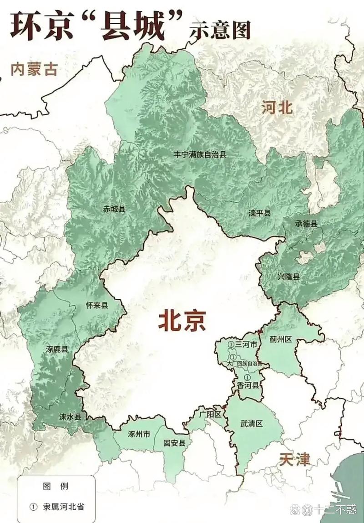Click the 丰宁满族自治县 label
[200, 154]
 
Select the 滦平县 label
[259, 213]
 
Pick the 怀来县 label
[97, 306]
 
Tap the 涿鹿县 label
[57, 349]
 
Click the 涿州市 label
[139, 434]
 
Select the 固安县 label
[175, 443]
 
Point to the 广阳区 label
[210, 414]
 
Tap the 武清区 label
[252, 423]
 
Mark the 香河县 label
[248, 385]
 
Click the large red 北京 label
[182, 320]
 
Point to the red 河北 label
[277, 108]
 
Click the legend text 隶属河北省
[63, 507]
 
